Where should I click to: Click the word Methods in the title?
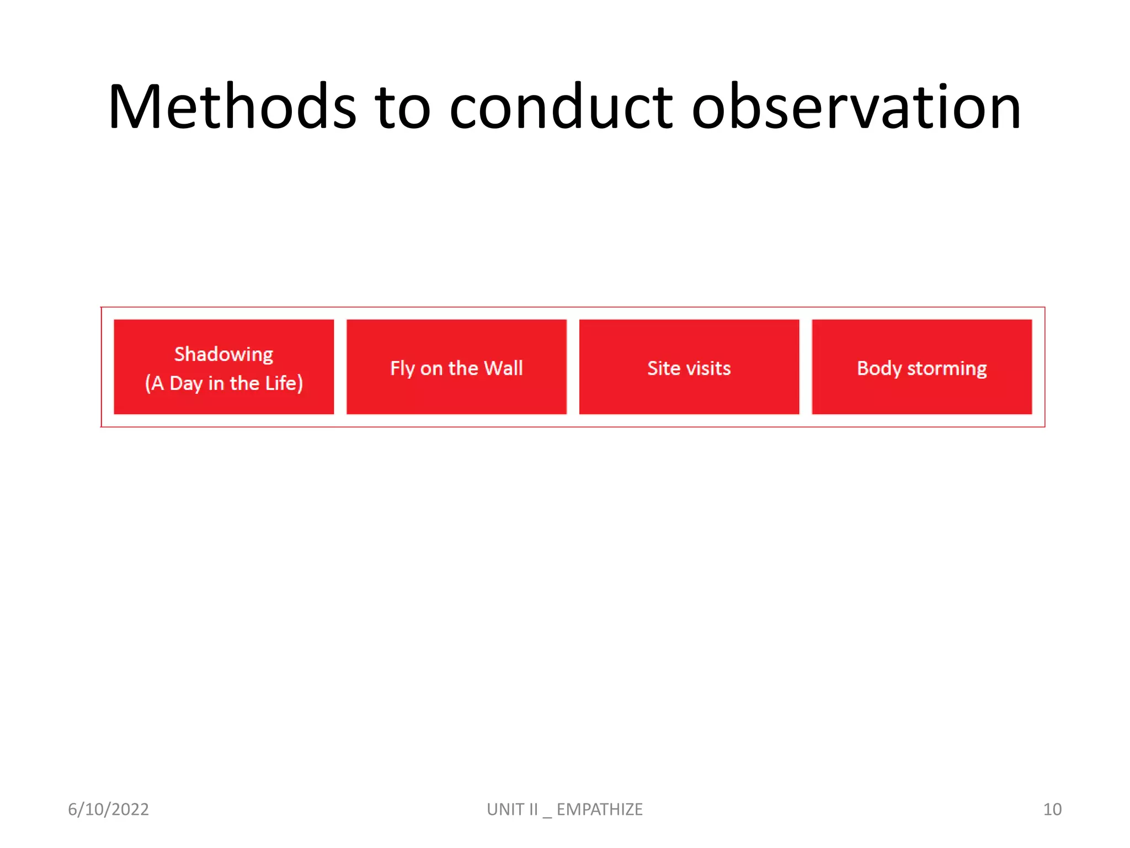pos(232,107)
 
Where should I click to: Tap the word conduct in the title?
pos(561,107)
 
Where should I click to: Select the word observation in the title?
pos(856,107)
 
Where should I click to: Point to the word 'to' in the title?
pos(402,107)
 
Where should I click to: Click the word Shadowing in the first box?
pos(223,354)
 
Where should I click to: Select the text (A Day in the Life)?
pos(223,383)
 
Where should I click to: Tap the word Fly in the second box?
pos(402,369)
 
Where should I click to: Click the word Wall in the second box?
pos(503,368)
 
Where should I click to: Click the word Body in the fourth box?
pos(879,369)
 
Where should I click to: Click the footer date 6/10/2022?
pos(108,809)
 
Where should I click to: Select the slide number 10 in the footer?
pos(1052,809)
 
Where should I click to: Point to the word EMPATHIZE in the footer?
pos(599,809)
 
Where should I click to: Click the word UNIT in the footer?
pos(505,809)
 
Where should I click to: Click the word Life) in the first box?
pos(284,383)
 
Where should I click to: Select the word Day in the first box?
pos(186,384)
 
